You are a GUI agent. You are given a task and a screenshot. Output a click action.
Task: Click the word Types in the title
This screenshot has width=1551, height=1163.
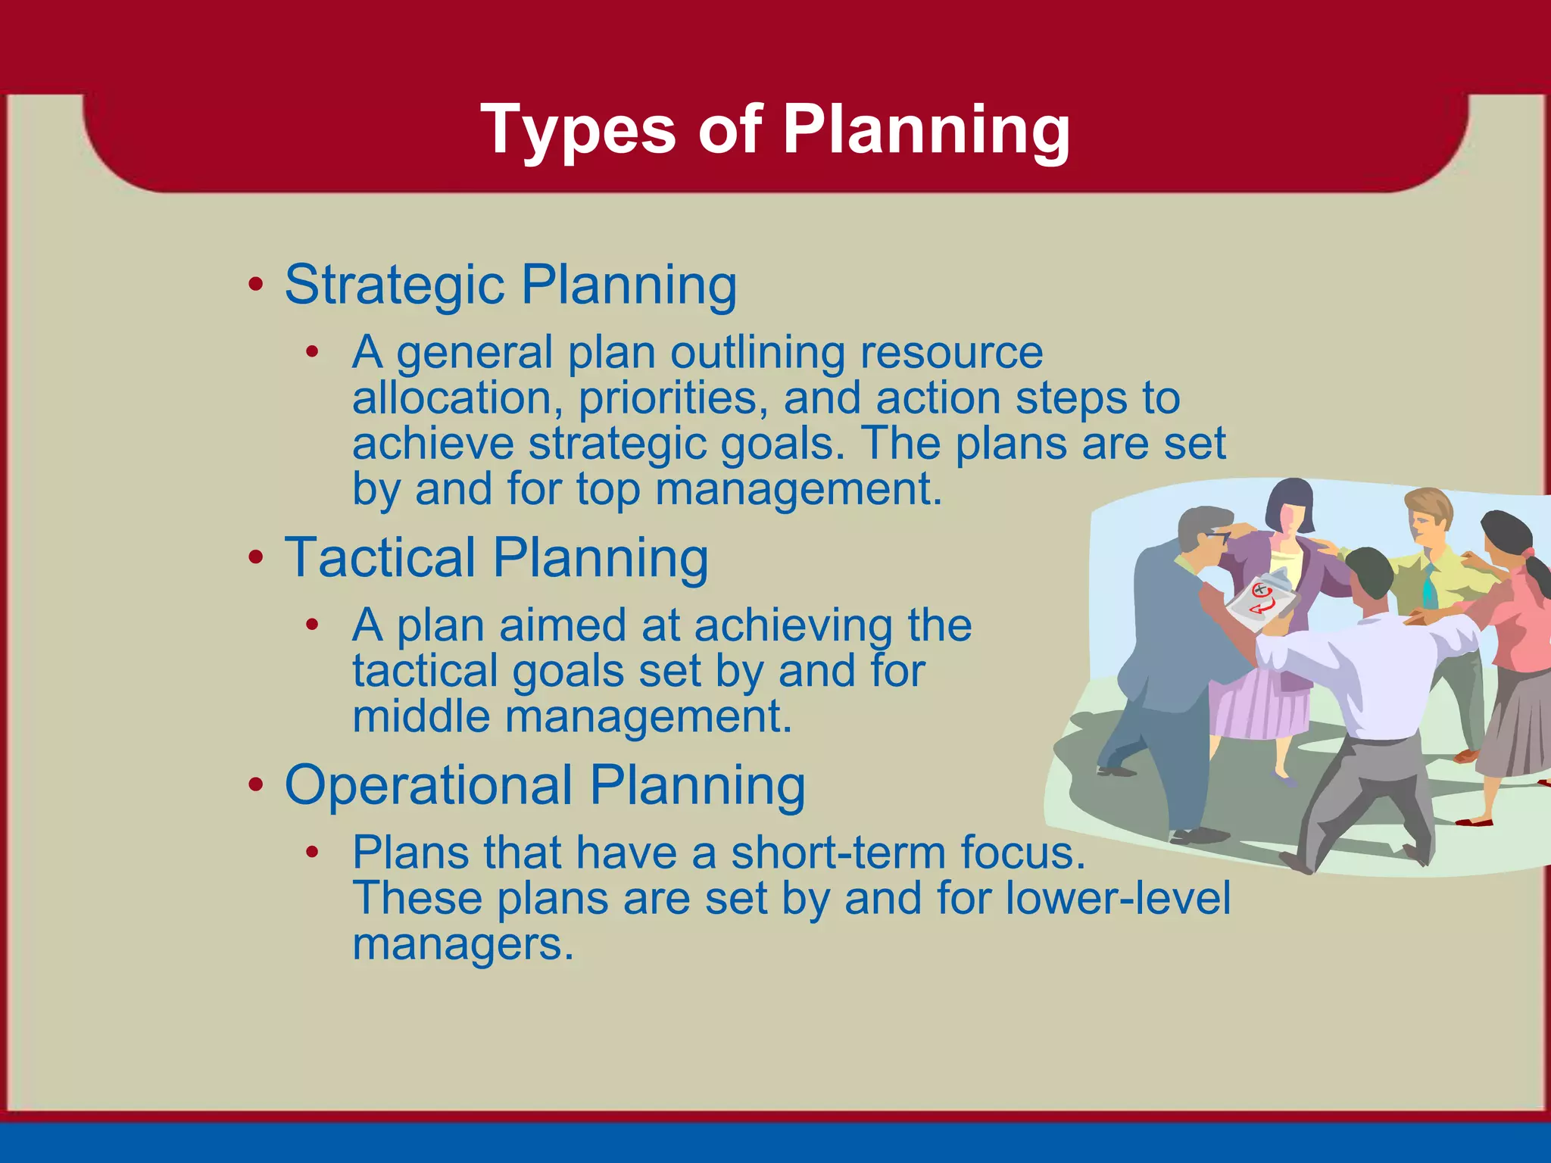click(577, 130)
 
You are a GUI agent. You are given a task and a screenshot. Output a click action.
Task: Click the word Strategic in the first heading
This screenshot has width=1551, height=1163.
click(394, 285)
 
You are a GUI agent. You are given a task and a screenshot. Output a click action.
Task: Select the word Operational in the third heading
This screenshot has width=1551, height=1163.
click(428, 785)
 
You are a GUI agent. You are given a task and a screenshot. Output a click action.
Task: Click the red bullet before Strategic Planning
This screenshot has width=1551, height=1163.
click(256, 285)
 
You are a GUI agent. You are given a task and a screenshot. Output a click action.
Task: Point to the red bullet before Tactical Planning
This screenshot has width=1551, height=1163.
click(256, 558)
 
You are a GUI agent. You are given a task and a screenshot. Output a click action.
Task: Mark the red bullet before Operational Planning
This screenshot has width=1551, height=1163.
click(256, 785)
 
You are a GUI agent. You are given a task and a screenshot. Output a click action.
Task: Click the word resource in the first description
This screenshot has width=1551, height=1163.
click(950, 353)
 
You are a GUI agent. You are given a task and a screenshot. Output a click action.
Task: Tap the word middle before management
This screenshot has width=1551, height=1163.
click(421, 717)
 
